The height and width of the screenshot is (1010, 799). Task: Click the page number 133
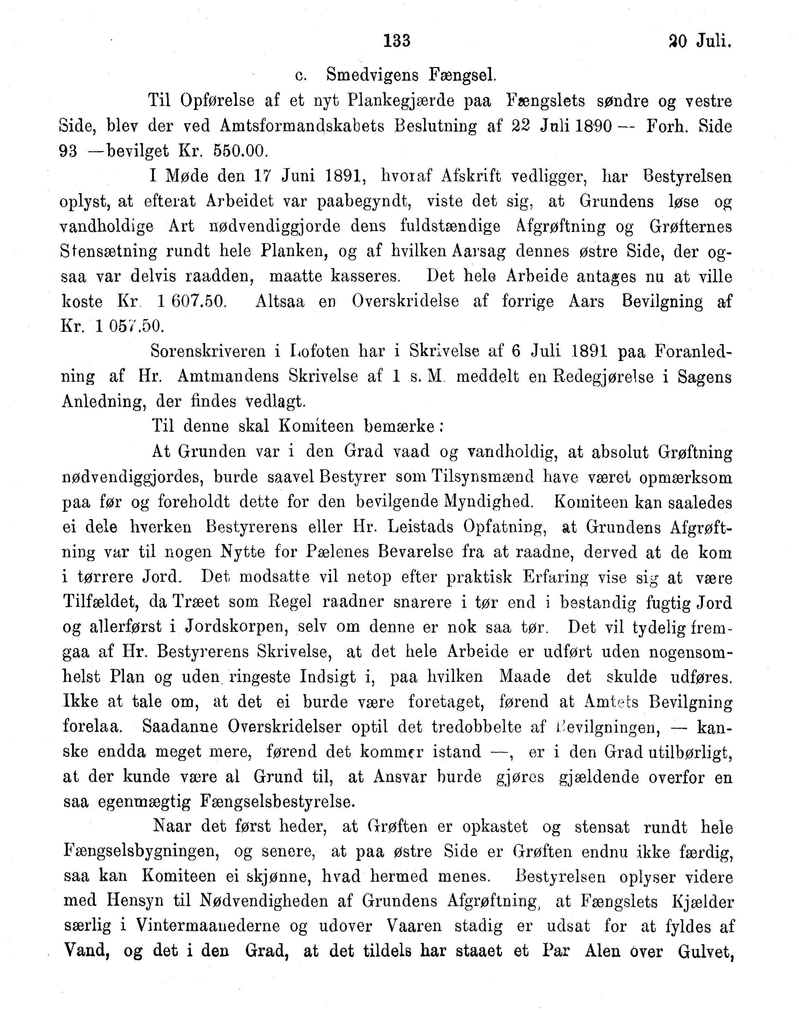click(x=397, y=41)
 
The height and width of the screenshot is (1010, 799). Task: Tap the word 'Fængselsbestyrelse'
click(x=277, y=802)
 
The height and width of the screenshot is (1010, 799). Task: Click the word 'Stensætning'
click(x=109, y=252)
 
